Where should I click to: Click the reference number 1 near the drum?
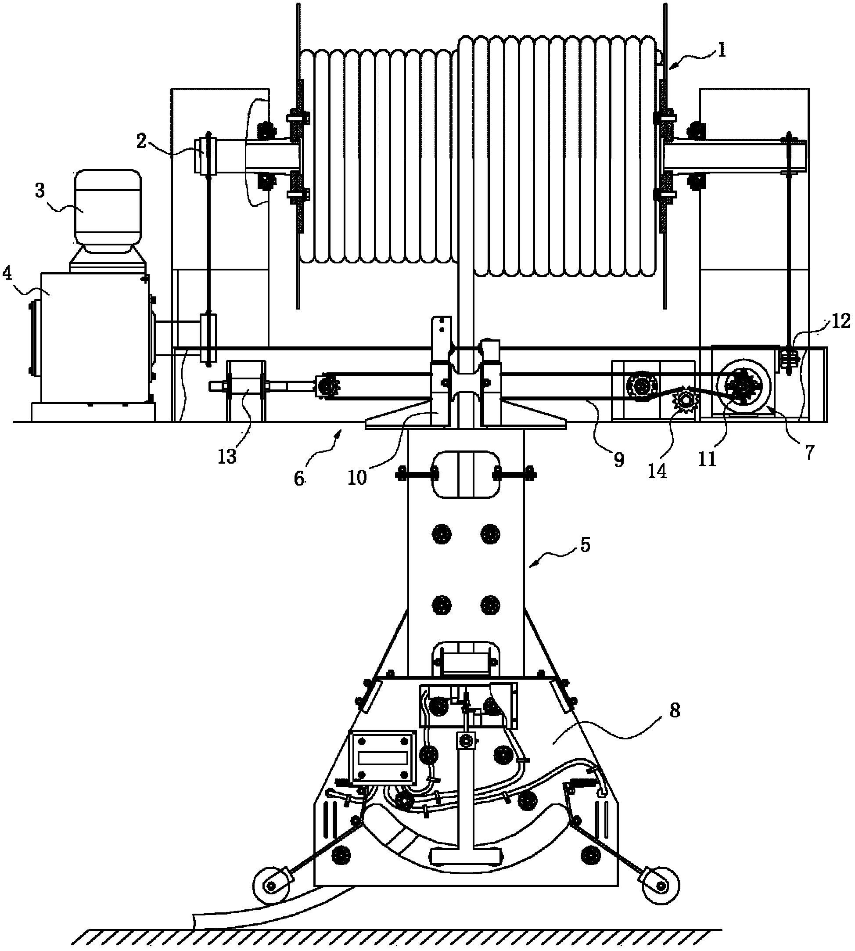click(x=721, y=49)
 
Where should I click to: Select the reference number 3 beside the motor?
click(x=40, y=190)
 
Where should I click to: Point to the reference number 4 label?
click(x=7, y=273)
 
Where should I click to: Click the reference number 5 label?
click(x=585, y=545)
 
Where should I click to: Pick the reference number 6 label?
click(x=299, y=478)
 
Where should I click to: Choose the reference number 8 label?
click(x=674, y=710)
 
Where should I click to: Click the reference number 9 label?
click(x=619, y=460)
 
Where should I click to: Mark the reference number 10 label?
click(x=357, y=477)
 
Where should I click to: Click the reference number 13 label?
click(x=227, y=456)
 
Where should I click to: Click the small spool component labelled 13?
click(x=246, y=386)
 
